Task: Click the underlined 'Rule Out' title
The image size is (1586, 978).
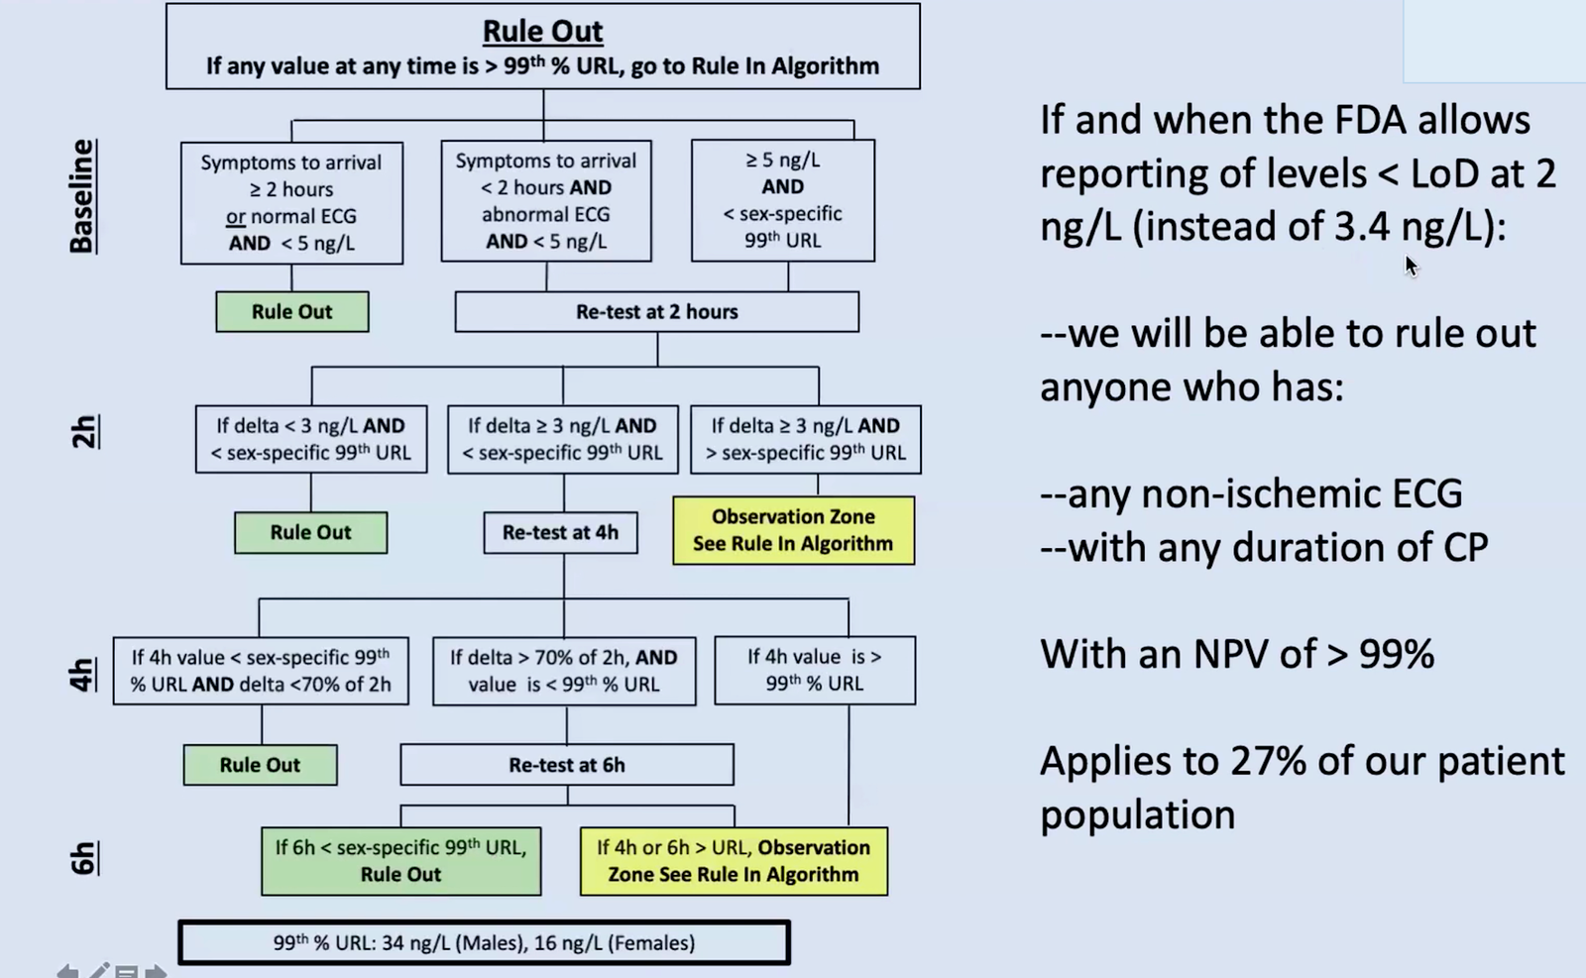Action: pos(542,31)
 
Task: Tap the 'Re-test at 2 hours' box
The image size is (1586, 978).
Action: pos(656,311)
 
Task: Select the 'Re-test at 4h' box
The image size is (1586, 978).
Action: pos(560,532)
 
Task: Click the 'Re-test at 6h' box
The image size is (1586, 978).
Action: pos(566,764)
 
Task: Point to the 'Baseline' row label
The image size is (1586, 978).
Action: pos(82,196)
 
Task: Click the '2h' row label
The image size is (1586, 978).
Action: pos(84,431)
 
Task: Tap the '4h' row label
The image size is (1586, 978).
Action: pos(83,675)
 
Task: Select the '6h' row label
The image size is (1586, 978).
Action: pos(83,858)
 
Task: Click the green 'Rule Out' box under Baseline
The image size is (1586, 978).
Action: pos(291,311)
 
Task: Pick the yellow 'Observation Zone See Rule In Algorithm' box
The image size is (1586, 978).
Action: pos(793,530)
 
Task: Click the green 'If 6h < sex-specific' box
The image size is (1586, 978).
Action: pos(400,860)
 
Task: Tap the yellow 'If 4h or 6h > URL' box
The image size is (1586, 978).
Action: pos(734,860)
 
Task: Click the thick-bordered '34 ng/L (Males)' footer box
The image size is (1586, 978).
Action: pos(485,942)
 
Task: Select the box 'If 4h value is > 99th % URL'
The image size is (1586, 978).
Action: pos(814,670)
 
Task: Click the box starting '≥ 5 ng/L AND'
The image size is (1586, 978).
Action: pos(782,200)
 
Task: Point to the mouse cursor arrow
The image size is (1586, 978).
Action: pos(1412,266)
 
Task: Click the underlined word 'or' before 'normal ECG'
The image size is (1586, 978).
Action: pos(236,216)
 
